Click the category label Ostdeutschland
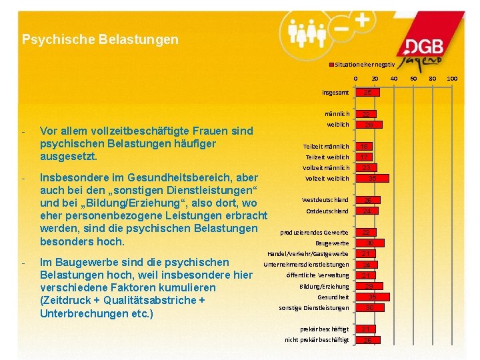[327, 211]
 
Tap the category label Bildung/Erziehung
[324, 286]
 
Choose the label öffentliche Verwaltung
[317, 275]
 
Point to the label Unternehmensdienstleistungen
[306, 265]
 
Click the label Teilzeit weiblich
[327, 157]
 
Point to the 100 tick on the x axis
[451, 79]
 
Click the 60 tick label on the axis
[413, 79]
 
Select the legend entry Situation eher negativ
[363, 64]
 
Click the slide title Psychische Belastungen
[100, 40]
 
